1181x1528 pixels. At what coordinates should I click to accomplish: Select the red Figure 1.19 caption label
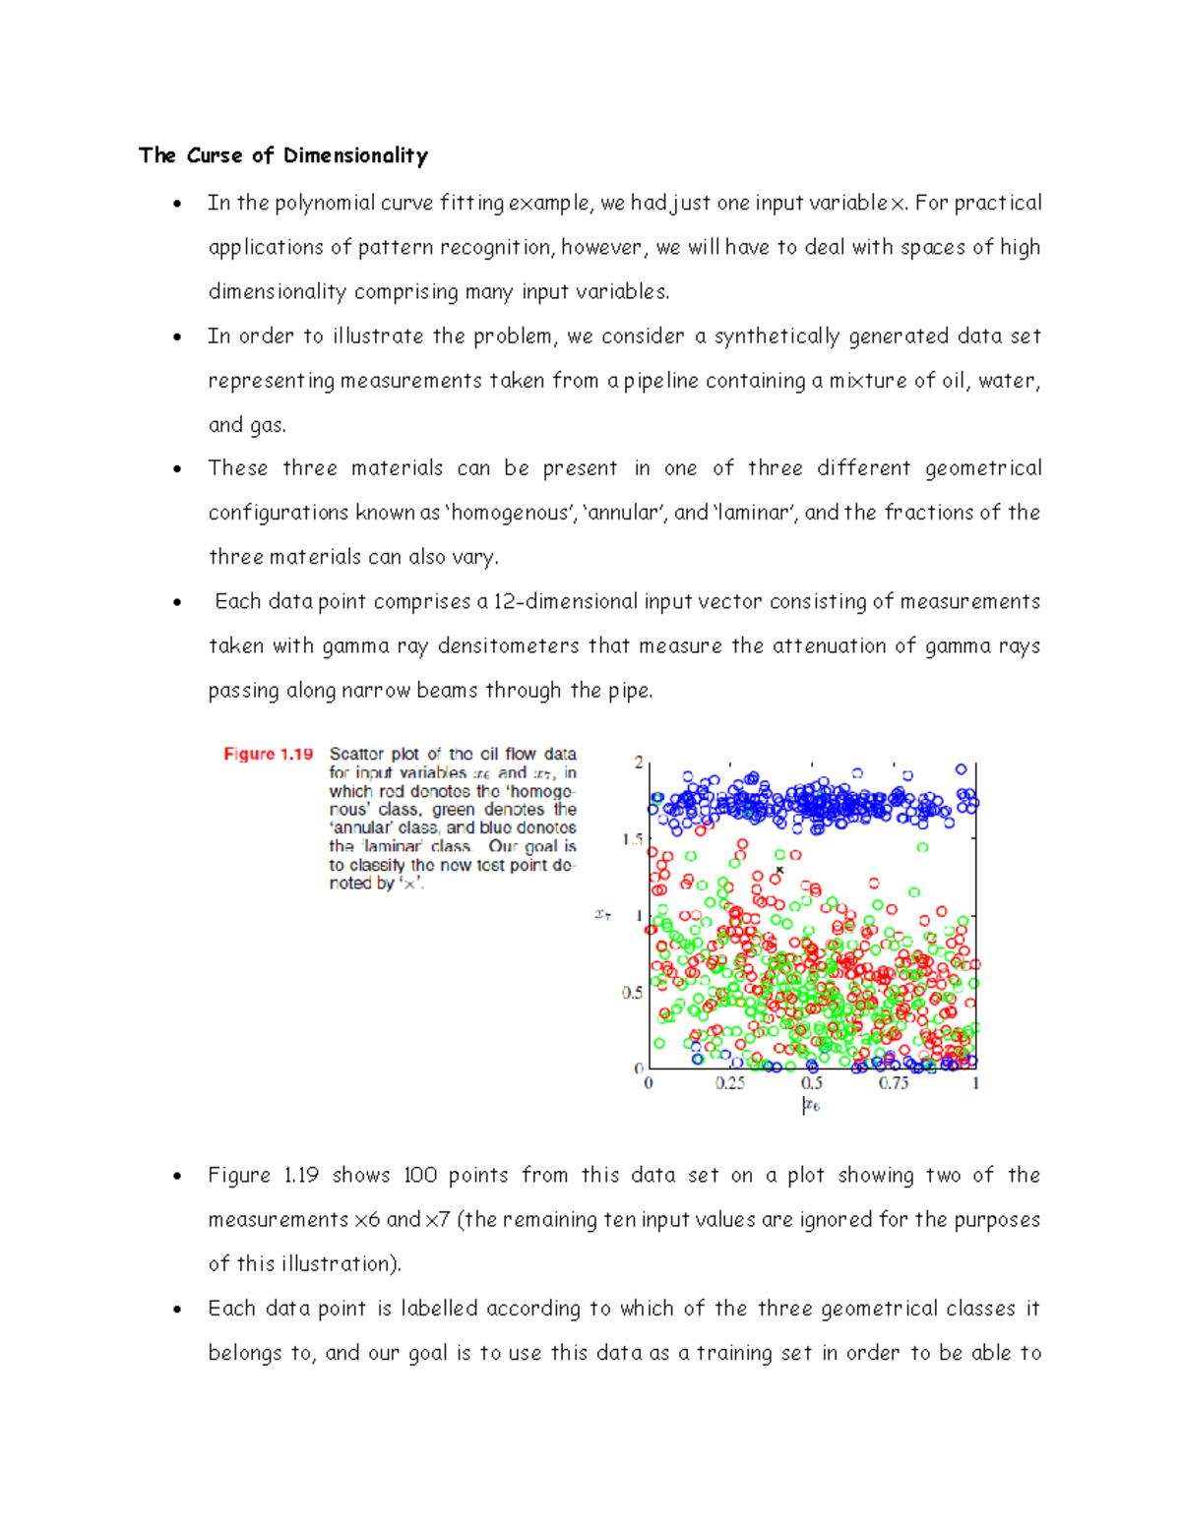tap(268, 754)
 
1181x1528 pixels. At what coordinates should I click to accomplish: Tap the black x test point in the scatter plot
tap(780, 870)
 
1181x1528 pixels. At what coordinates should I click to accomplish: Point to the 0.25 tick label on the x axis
tap(729, 1083)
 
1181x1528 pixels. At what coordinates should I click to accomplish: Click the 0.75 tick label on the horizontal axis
tap(894, 1083)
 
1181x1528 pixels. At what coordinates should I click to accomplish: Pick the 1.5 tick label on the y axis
tap(632, 839)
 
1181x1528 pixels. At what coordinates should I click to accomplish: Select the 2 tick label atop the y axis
tap(639, 763)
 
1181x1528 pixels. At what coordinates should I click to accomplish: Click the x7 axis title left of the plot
tap(603, 915)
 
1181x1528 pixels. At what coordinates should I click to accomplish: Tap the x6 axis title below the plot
tap(811, 1106)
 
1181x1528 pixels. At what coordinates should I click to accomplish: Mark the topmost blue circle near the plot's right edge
tap(962, 769)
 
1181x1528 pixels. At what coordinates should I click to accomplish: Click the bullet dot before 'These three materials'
tap(177, 469)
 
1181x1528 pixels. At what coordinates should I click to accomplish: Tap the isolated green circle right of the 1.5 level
tap(922, 847)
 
